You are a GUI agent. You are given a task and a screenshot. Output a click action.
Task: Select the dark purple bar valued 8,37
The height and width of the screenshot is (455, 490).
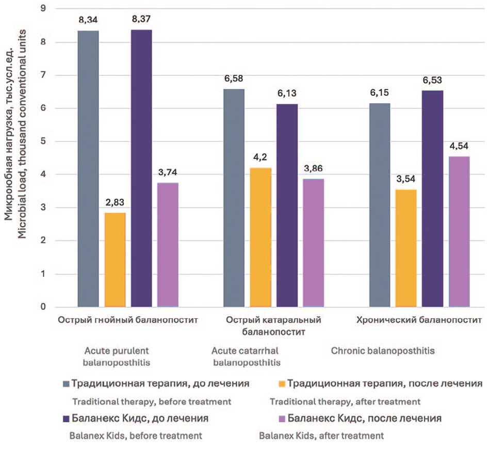tap(141, 168)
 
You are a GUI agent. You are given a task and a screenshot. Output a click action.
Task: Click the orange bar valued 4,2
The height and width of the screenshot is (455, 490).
tap(260, 237)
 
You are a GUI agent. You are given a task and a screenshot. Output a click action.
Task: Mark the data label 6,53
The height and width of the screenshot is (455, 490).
tap(432, 82)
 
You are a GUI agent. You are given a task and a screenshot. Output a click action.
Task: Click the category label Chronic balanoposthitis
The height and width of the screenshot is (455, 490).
tap(382, 351)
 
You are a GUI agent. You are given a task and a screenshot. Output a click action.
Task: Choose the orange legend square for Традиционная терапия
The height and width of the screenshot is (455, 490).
tap(281, 384)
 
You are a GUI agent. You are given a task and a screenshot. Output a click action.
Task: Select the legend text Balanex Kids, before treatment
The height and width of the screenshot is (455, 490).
tap(136, 435)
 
